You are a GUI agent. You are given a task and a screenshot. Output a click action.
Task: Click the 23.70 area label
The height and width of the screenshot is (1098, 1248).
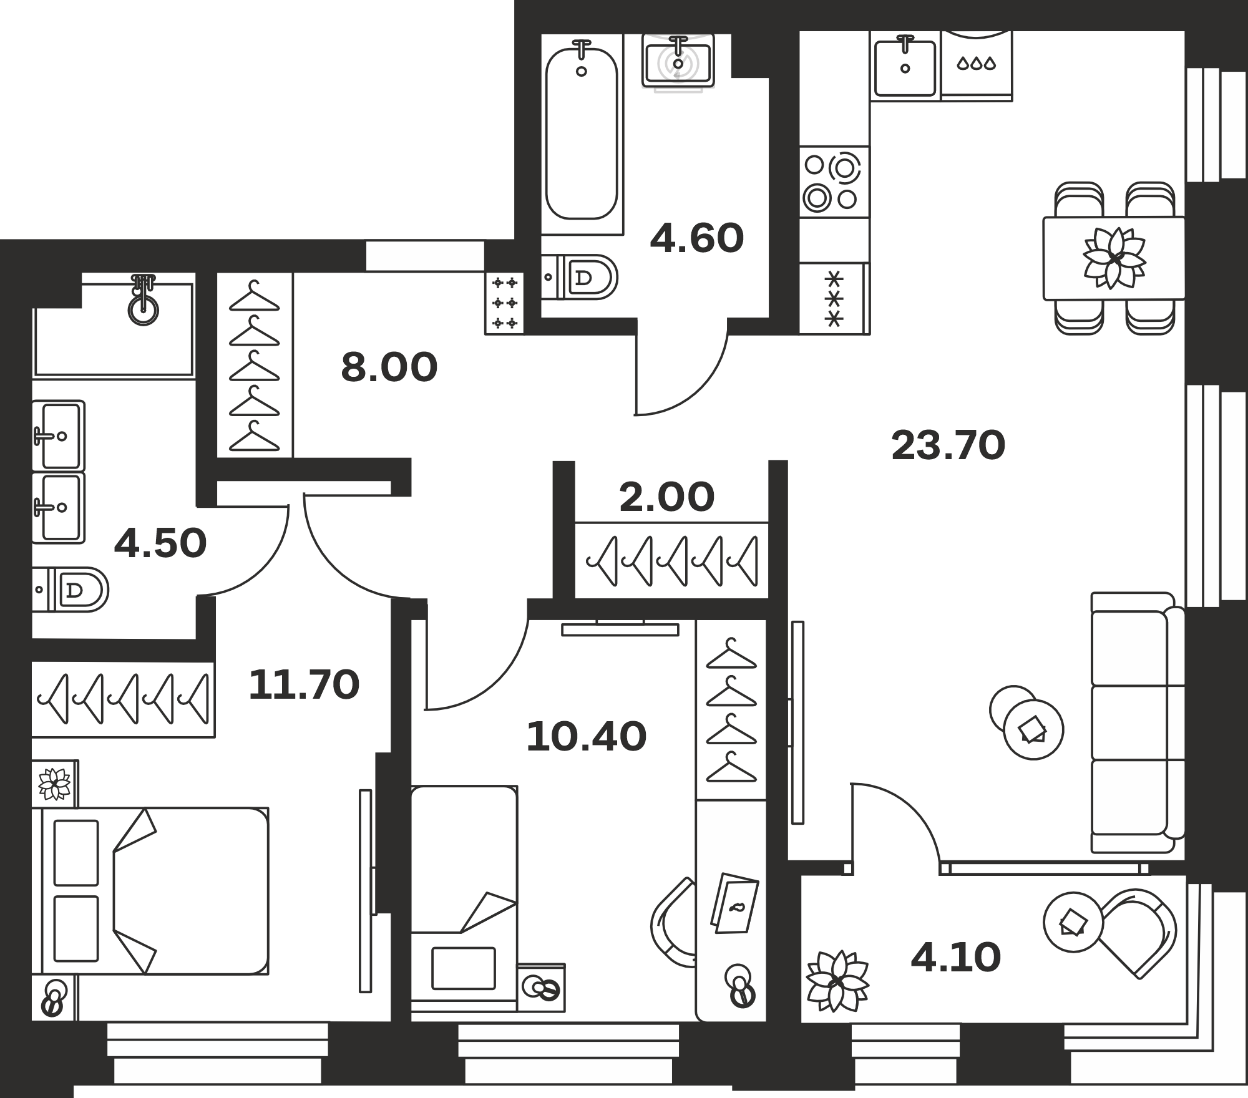click(948, 446)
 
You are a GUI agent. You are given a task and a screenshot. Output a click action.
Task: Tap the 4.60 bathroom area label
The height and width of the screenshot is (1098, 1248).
click(697, 238)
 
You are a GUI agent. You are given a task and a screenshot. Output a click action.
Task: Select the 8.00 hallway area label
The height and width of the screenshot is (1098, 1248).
click(389, 367)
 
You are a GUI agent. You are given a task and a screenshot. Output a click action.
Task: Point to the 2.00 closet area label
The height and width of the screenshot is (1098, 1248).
click(666, 497)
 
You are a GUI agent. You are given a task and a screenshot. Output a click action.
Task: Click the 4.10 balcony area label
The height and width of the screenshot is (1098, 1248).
click(956, 958)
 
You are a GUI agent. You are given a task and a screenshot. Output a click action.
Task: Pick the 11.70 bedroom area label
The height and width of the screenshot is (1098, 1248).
click(304, 684)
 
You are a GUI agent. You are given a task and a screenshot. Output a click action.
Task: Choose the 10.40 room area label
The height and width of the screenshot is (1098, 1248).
click(587, 736)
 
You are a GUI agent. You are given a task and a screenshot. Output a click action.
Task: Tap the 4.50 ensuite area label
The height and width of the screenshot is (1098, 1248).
click(160, 543)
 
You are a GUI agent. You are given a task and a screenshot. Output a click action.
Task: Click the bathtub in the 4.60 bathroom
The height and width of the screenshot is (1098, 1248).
click(582, 134)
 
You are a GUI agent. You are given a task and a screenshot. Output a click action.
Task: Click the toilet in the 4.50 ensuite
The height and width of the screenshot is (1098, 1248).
click(70, 590)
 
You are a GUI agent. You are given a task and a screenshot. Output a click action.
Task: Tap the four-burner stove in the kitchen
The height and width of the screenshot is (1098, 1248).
click(834, 182)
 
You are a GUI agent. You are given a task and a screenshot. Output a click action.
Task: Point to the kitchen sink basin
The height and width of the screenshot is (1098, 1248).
click(905, 67)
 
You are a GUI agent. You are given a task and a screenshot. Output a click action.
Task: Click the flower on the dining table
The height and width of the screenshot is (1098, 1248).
click(1114, 258)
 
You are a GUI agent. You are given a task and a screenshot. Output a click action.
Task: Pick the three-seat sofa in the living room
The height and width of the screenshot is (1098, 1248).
click(1137, 722)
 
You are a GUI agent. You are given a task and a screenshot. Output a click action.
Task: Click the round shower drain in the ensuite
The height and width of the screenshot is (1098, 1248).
click(144, 309)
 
